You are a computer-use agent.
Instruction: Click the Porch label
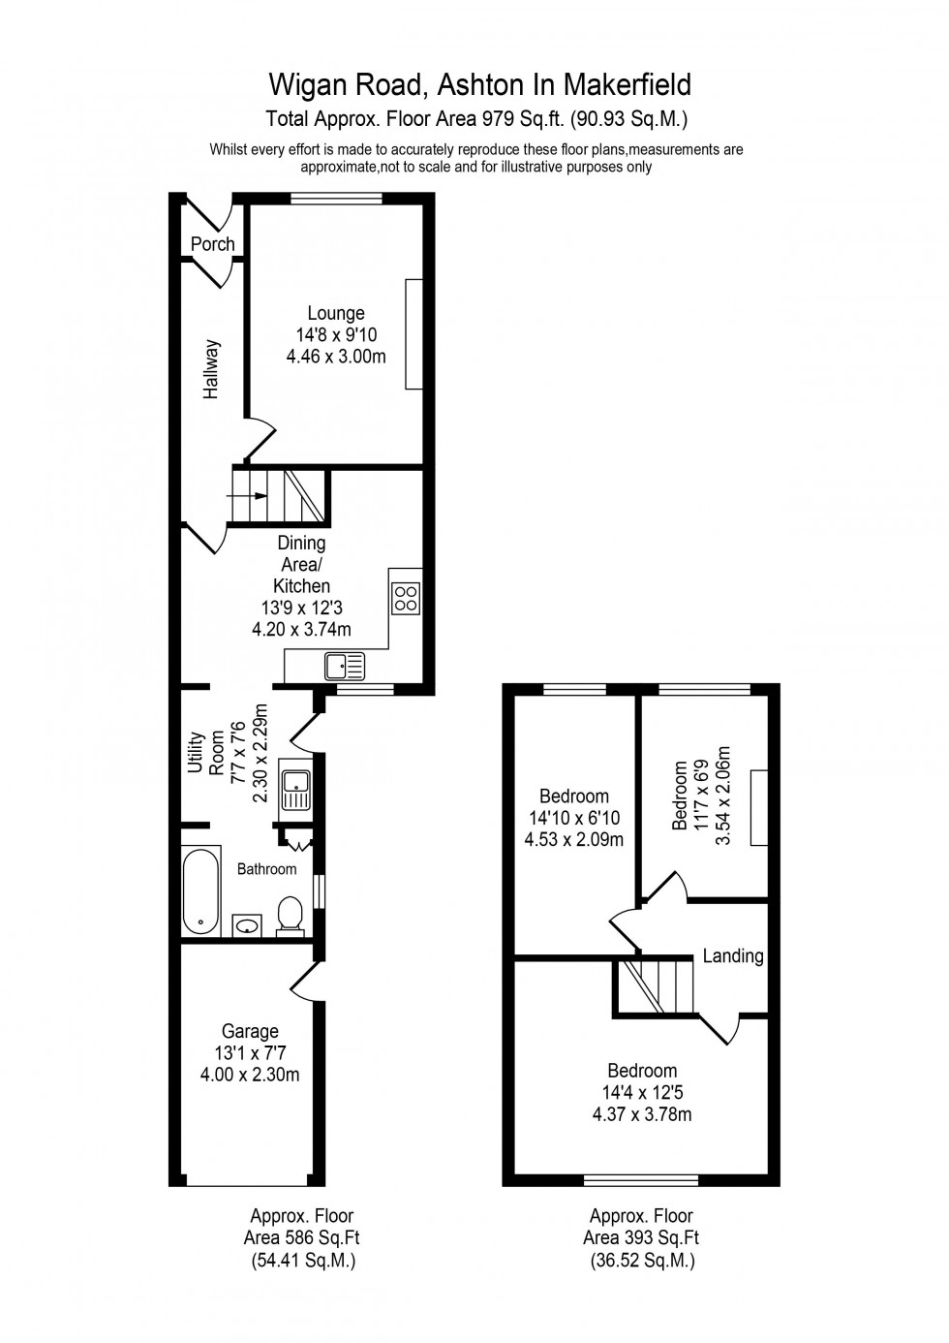point(212,244)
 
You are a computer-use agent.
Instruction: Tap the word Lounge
point(336,313)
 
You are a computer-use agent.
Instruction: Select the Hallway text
point(212,369)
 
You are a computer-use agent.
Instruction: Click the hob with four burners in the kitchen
point(406,598)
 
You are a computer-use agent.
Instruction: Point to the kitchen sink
point(345,665)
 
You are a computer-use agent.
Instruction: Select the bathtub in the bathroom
point(201,891)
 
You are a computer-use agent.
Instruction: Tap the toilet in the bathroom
point(290,916)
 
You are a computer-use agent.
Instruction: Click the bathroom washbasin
point(247,925)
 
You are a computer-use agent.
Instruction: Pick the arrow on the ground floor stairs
point(248,495)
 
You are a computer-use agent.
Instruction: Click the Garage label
point(250,1031)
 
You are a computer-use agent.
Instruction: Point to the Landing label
point(733,956)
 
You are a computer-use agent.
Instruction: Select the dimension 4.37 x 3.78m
point(642,1114)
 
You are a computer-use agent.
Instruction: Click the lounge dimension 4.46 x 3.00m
point(336,357)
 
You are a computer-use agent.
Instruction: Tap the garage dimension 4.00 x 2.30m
point(250,1074)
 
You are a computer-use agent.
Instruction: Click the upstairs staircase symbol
point(657,985)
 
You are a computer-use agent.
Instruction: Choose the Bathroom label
point(267,869)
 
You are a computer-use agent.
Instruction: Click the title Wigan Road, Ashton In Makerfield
point(480,85)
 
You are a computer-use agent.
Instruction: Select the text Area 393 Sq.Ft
point(641,1237)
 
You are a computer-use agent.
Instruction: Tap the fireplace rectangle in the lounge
point(413,334)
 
